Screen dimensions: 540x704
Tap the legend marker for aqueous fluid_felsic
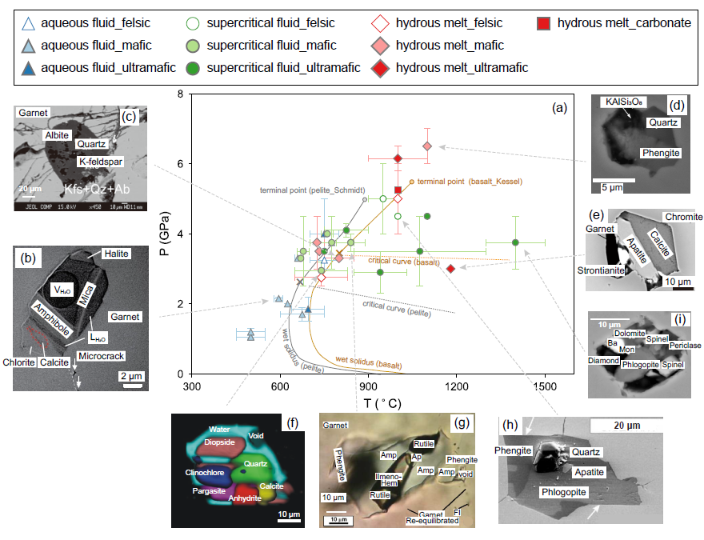pos(29,23)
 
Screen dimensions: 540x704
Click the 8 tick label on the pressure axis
pos(180,94)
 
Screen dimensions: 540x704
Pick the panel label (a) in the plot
pos(558,106)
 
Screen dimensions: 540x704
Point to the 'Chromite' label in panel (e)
pos(682,217)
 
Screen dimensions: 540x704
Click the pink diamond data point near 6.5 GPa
pos(427,146)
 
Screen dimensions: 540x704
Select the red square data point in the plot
pos(398,190)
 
